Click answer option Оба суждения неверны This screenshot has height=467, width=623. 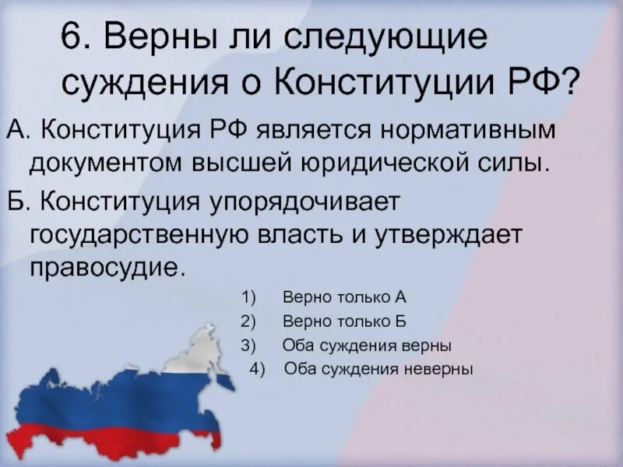(378, 369)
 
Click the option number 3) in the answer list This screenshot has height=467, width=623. (248, 345)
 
